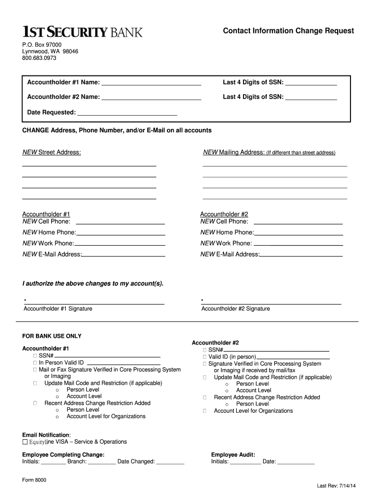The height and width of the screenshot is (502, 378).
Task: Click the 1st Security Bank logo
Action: (x=82, y=32)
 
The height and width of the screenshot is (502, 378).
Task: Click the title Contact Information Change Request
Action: (x=288, y=31)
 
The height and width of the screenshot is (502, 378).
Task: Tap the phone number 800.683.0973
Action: (x=39, y=58)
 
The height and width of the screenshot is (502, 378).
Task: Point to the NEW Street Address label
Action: (x=52, y=152)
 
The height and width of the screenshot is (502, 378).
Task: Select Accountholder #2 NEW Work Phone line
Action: (x=298, y=244)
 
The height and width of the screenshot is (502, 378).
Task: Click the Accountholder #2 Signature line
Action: (x=271, y=303)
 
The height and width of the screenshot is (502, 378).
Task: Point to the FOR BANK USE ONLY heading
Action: (x=52, y=336)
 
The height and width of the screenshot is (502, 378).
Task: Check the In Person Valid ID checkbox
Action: (x=35, y=363)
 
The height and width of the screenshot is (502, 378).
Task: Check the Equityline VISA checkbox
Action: (x=25, y=442)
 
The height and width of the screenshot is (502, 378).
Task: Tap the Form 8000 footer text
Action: (x=34, y=480)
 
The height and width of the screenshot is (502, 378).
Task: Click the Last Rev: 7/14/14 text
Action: (x=336, y=486)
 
